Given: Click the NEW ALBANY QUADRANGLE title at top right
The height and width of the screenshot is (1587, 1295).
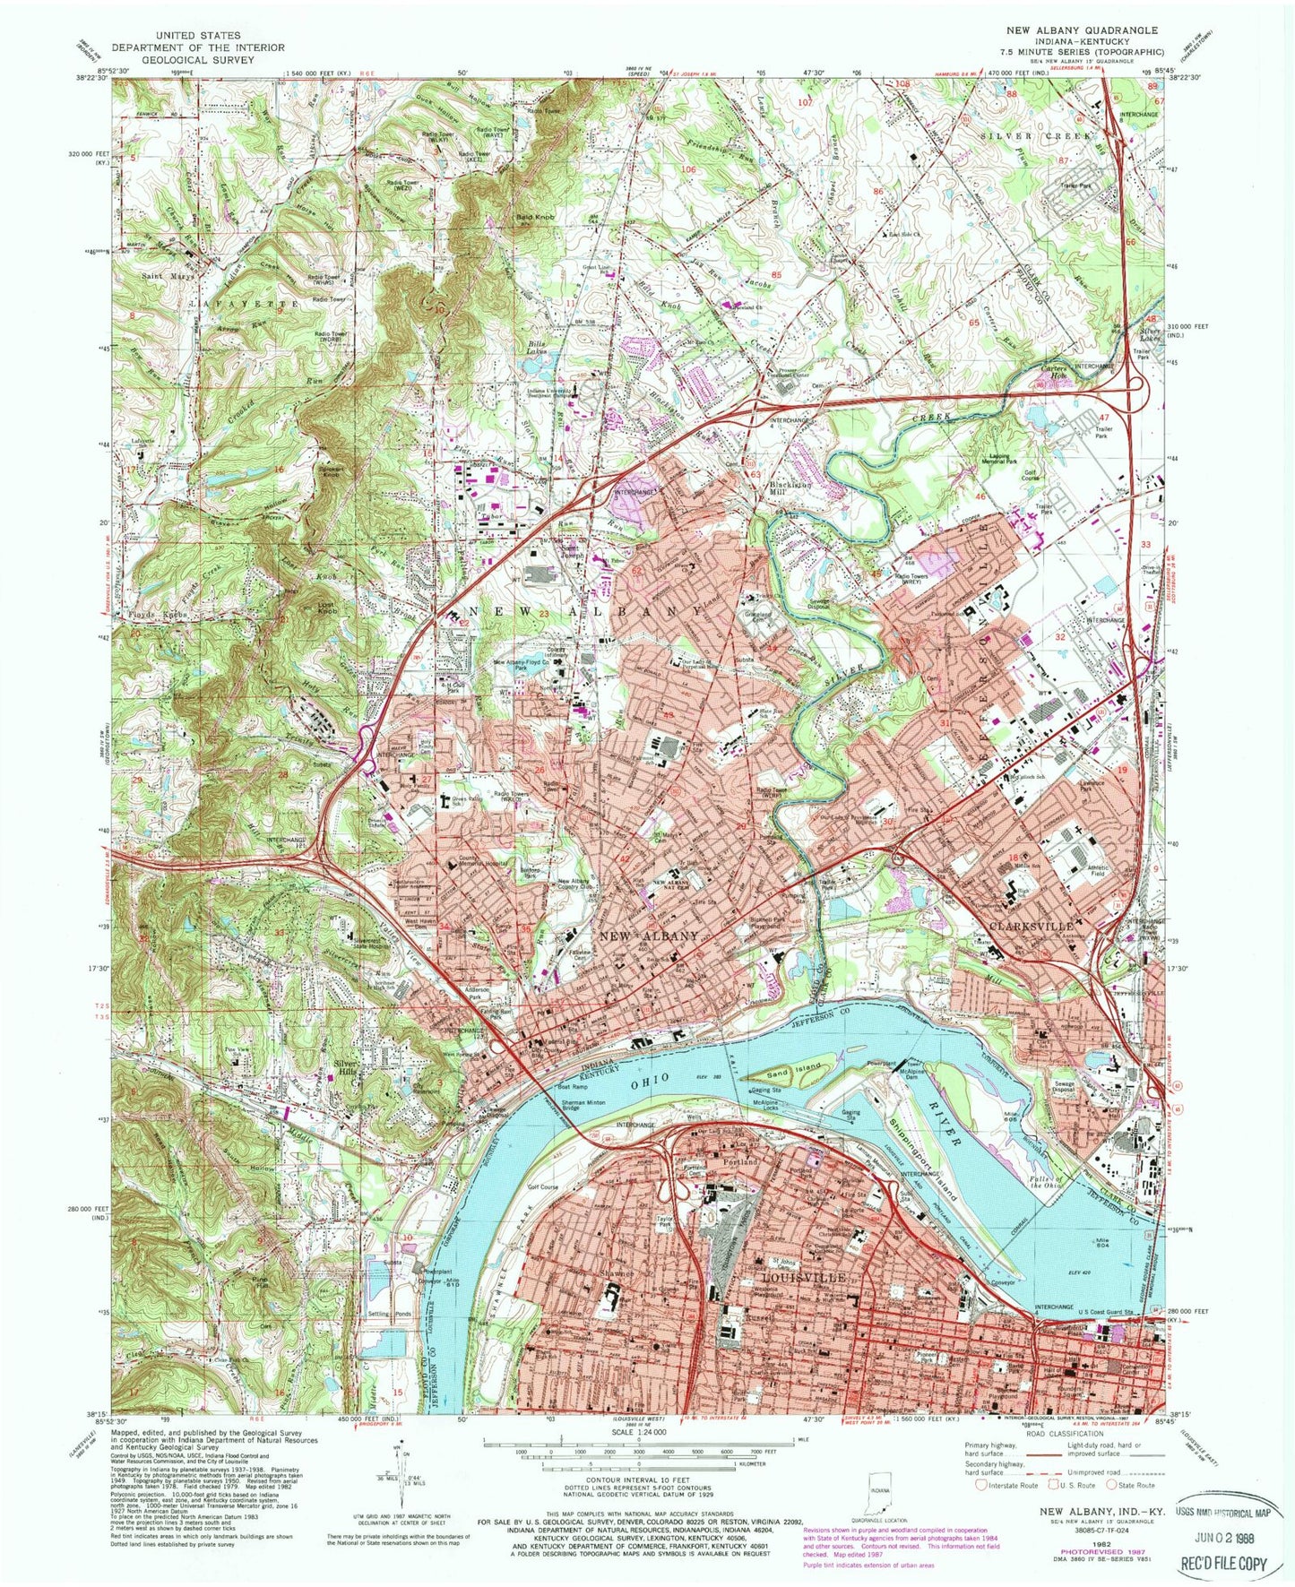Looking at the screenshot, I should click(x=1082, y=30).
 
